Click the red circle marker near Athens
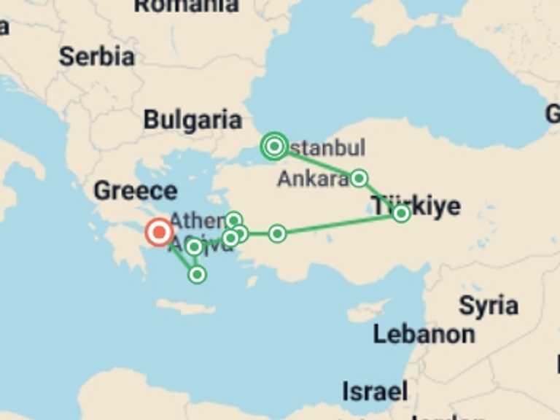pyautogui.click(x=159, y=233)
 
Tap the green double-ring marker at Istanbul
pyautogui.click(x=274, y=147)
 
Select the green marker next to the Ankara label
pyautogui.click(x=359, y=178)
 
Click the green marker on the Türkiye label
pyautogui.click(x=401, y=213)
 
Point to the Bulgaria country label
pyautogui.click(x=192, y=120)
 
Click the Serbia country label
pyautogui.click(x=96, y=57)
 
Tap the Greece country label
pyautogui.click(x=135, y=191)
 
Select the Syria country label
pyautogui.click(x=488, y=306)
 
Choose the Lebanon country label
pyautogui.click(x=424, y=334)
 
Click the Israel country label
pyautogui.click(x=375, y=391)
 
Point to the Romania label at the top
pyautogui.click(x=186, y=6)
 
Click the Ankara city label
pyautogui.click(x=312, y=179)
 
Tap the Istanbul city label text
pyautogui.click(x=326, y=149)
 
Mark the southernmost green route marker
pyautogui.click(x=197, y=274)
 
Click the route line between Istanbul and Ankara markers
pyautogui.click(x=318, y=163)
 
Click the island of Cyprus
pyautogui.click(x=368, y=311)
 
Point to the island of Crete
pyautogui.click(x=186, y=308)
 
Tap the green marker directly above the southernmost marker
pyautogui.click(x=194, y=247)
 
